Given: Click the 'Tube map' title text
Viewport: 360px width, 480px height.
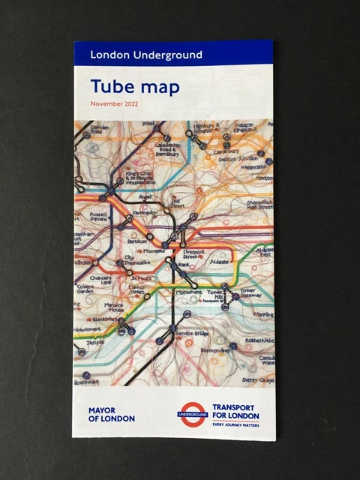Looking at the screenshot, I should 135,87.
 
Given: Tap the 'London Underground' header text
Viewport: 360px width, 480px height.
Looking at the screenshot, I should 145,54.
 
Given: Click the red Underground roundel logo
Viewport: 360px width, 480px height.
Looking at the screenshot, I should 192,414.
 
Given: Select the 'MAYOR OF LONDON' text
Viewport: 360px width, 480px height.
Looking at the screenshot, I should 112,414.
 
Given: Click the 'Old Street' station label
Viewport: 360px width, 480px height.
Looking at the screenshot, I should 178,203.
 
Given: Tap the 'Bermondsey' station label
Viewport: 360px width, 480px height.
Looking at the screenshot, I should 217,350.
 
